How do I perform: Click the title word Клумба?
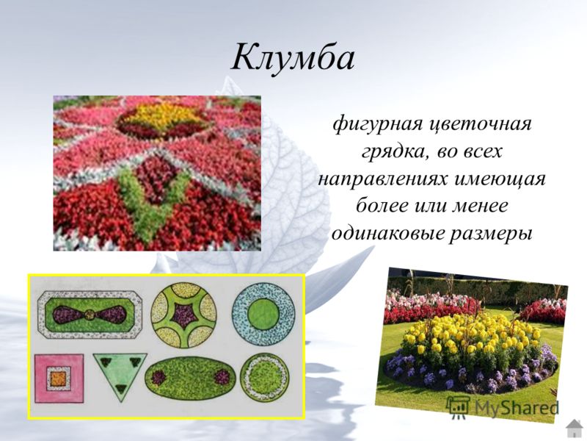[x=292, y=58]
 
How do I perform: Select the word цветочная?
[x=481, y=125]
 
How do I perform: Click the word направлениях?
[x=382, y=179]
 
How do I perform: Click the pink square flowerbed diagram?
[x=59, y=378]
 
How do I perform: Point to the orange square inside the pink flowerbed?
[x=59, y=378]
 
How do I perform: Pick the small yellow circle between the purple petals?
[x=89, y=315]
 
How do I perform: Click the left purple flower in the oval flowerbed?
[x=158, y=377]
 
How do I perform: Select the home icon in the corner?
[x=574, y=429]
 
